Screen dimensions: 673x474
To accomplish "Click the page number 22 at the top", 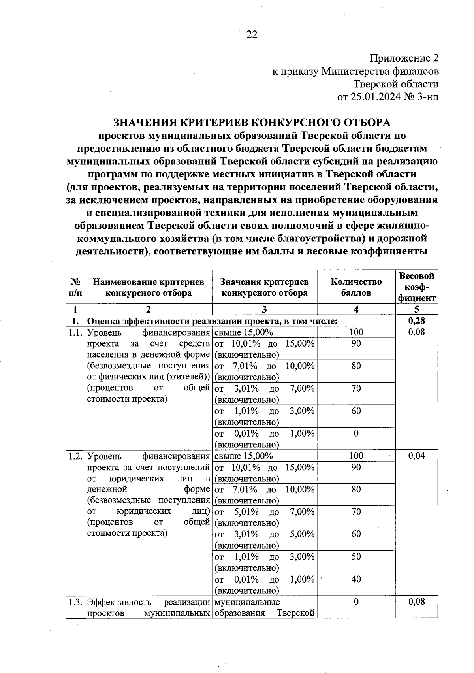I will pos(252,35).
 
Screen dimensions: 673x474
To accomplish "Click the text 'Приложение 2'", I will pos(404,58).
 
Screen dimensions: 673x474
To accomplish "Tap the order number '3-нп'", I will pos(427,97).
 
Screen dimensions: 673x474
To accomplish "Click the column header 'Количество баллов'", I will pos(356,287).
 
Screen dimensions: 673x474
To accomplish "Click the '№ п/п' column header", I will pos(75,287).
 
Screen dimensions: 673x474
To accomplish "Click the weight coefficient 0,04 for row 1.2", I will pos(417,456).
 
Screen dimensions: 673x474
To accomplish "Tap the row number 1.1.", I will pos(75,332).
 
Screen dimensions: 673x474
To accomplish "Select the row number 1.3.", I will pos(75,602).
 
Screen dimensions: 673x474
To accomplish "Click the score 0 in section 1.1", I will pos(356,434).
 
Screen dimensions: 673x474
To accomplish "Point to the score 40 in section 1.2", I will pos(356,579).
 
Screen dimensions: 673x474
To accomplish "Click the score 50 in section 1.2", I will pos(356,557).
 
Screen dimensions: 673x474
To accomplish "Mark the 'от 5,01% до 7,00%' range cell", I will pos(264,517).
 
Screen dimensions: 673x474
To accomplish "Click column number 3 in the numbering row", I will pos(264,309).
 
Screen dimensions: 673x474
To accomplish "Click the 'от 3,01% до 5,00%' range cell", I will pos(264,540).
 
